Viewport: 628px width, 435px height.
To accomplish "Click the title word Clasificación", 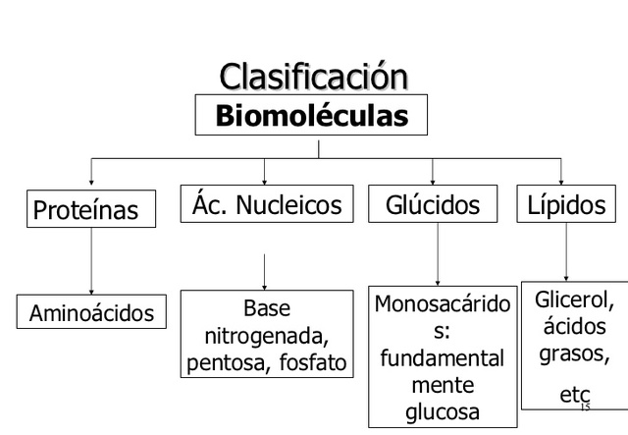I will point(312,77).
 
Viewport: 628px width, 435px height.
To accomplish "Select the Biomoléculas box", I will point(311,116).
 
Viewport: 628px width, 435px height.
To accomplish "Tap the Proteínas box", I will point(92,209).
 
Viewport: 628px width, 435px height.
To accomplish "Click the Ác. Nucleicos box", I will point(265,205).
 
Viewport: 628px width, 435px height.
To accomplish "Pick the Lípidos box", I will point(566,205).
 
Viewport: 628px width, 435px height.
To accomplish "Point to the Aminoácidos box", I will point(91,312).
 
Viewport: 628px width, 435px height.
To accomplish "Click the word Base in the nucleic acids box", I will point(267,308).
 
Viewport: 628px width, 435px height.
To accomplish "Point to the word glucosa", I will point(441,410).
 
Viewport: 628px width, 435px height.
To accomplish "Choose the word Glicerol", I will point(574,299).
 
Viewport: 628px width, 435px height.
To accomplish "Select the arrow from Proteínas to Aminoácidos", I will point(91,259).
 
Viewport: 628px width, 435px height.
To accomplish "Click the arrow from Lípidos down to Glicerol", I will point(565,251).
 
